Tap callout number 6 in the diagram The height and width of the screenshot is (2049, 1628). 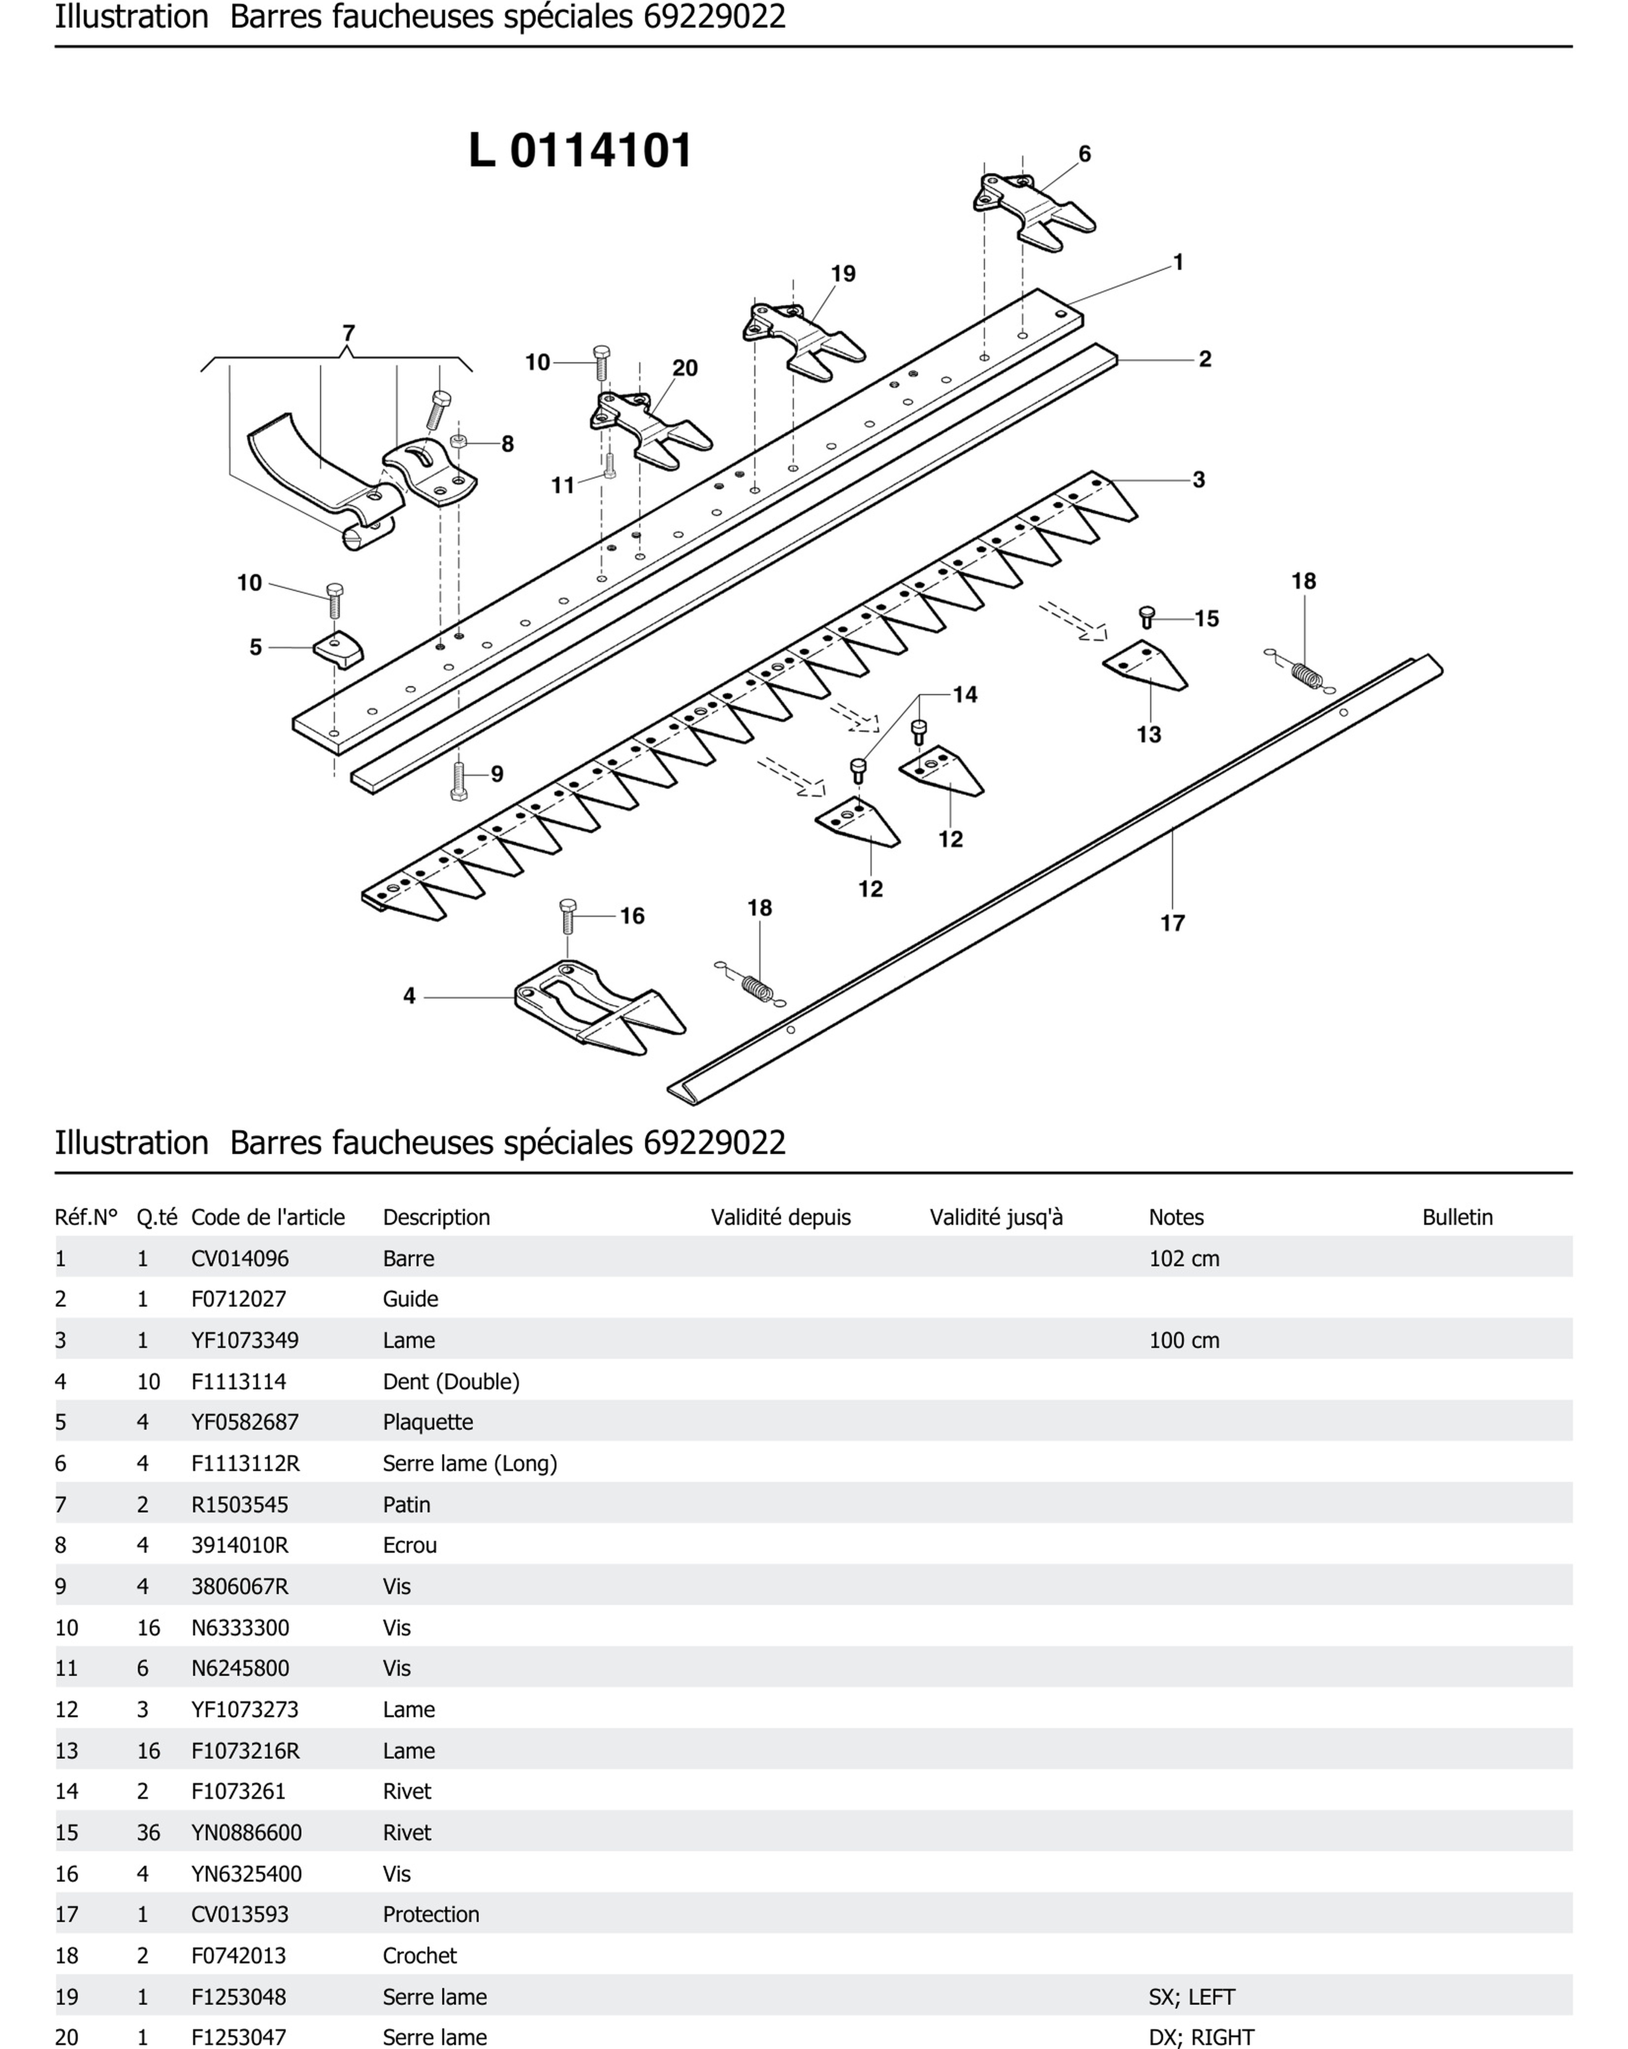pos(1084,154)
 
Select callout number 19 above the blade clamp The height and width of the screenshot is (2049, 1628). pos(843,274)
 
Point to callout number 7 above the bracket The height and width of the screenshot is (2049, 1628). pos(349,334)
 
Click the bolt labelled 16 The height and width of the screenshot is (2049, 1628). pos(568,917)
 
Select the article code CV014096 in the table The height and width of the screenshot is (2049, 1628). pos(239,1258)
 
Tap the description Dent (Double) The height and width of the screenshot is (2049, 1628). pos(451,1381)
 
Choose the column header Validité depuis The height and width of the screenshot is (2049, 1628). pos(780,1217)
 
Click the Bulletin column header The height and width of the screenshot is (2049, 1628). pos(1457,1217)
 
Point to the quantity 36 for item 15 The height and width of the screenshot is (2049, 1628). pos(148,1832)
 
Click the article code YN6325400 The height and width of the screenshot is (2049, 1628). pos(246,1873)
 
